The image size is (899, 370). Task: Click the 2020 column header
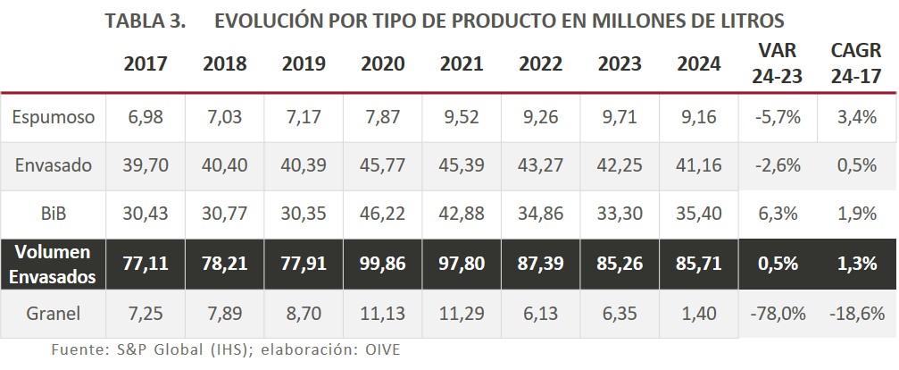coord(383,63)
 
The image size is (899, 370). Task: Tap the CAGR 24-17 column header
coord(855,63)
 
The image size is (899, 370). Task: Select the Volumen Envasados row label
coord(54,265)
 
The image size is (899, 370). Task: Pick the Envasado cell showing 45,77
coord(383,165)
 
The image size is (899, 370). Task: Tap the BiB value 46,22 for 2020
coord(383,215)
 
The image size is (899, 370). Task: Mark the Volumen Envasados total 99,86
coord(383,265)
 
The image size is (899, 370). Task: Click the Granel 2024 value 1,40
coord(699,314)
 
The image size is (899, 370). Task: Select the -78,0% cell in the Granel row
coord(778,314)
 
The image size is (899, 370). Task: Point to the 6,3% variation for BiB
coord(778,215)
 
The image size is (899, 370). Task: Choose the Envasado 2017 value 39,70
coord(146,165)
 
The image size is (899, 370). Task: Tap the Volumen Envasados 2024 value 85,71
coord(699,265)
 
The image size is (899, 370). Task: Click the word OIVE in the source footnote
coord(394,350)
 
